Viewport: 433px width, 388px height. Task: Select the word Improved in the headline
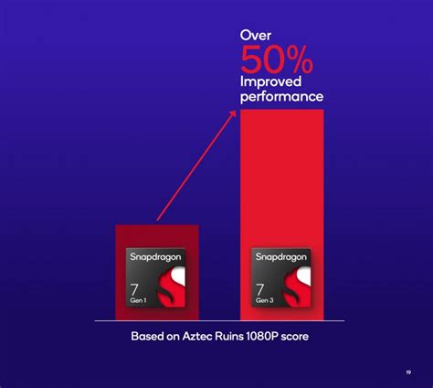click(x=269, y=81)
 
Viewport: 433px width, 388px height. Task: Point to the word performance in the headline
click(x=281, y=96)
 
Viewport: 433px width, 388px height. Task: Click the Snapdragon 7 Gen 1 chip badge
click(x=155, y=279)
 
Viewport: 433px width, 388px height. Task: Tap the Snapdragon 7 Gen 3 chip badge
click(x=281, y=279)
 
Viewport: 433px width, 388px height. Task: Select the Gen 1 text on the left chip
click(x=140, y=304)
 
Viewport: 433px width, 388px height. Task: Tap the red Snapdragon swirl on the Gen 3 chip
click(x=293, y=288)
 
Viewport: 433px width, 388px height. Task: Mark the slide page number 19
click(x=407, y=372)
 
